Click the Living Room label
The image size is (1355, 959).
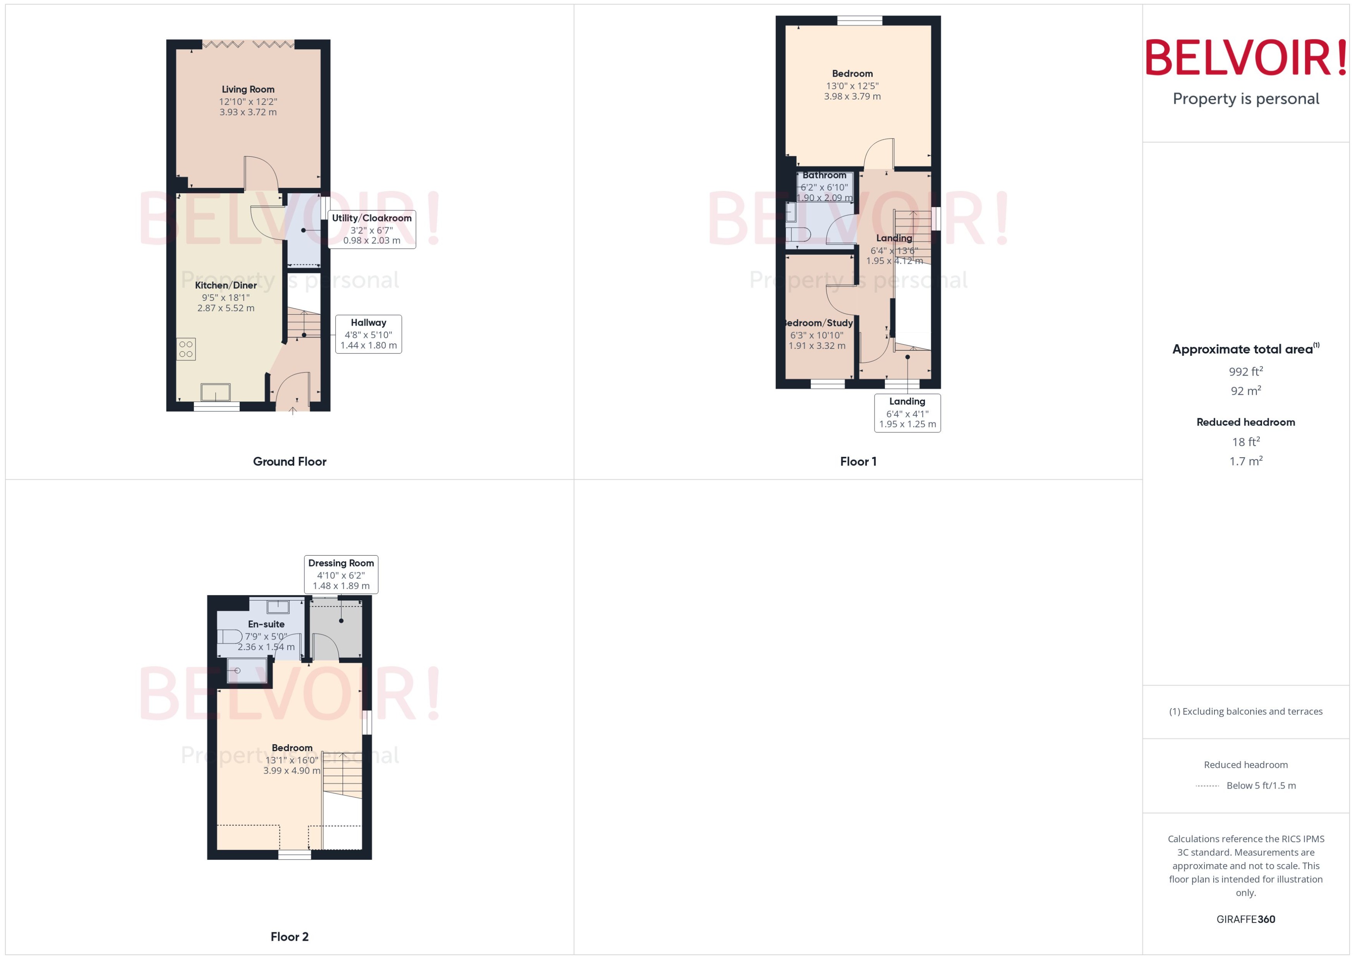click(248, 89)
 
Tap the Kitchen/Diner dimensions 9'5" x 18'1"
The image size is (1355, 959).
click(226, 298)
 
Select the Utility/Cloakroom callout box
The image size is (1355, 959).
click(371, 229)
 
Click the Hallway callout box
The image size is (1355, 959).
click(369, 334)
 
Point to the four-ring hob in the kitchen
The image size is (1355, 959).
click(186, 349)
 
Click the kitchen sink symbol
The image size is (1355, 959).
click(216, 392)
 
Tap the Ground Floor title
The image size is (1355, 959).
click(289, 461)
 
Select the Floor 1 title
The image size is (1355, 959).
click(858, 461)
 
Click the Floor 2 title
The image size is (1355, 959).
click(289, 937)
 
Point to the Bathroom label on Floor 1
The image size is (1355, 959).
click(824, 175)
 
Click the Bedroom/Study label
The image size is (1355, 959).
click(818, 323)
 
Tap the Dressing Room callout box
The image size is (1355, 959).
click(341, 574)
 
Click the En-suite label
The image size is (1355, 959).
click(266, 624)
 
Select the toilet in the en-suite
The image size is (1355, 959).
click(229, 636)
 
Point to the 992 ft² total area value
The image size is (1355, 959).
click(1246, 371)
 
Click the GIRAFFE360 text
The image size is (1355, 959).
click(1246, 920)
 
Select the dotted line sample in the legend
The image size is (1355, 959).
click(1207, 786)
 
